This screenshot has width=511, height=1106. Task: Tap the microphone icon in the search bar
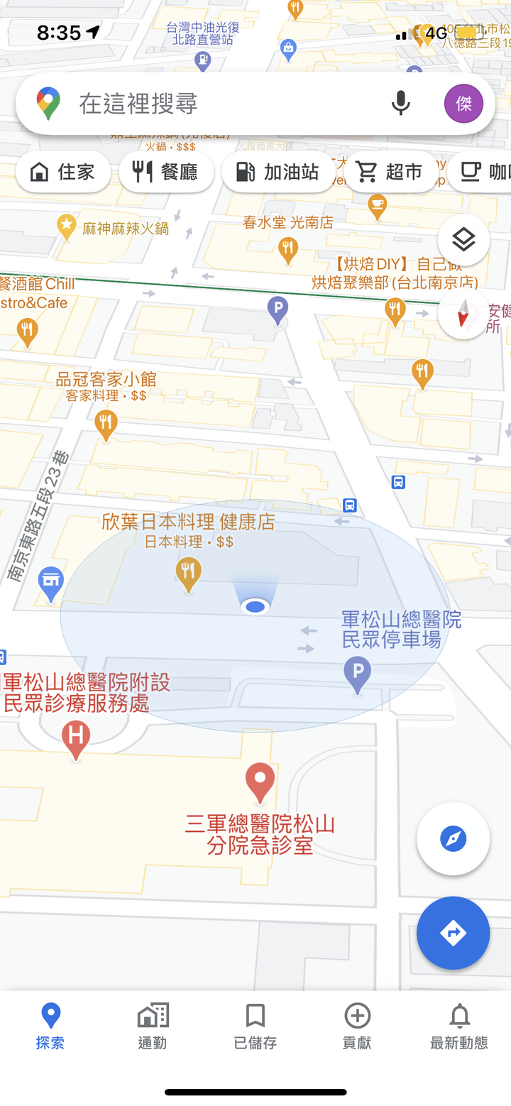click(x=400, y=104)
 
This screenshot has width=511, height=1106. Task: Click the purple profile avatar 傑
click(x=463, y=104)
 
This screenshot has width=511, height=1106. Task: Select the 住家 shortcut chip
click(x=63, y=172)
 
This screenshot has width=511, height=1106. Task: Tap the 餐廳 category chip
click(x=166, y=172)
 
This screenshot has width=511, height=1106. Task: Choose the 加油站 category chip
click(x=278, y=172)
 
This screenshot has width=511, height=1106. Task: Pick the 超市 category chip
click(x=390, y=172)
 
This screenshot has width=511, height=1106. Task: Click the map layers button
click(x=463, y=240)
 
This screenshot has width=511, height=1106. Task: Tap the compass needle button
click(x=463, y=313)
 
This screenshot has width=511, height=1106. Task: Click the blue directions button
click(x=453, y=933)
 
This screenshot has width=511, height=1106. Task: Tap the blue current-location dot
click(x=255, y=606)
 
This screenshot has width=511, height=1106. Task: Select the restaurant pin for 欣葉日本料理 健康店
click(x=188, y=573)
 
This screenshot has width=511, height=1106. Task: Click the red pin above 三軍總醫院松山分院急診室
click(x=260, y=782)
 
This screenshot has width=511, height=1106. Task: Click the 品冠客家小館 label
click(x=106, y=380)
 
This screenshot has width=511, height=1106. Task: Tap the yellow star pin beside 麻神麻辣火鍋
click(x=67, y=227)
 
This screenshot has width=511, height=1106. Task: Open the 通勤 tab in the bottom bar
click(x=153, y=1026)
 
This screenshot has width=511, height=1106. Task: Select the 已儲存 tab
click(x=255, y=1026)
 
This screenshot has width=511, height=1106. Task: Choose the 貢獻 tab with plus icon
click(x=357, y=1026)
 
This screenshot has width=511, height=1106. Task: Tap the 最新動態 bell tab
click(x=459, y=1026)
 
